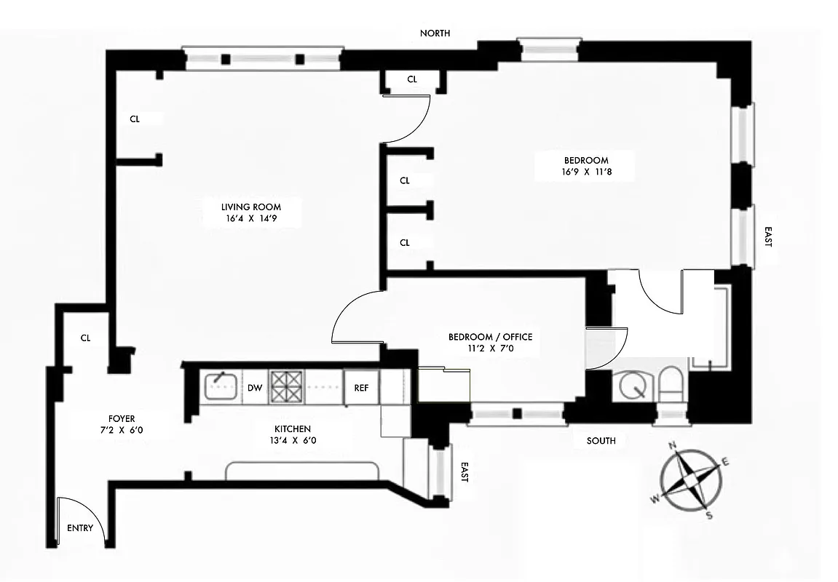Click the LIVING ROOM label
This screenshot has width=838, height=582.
point(251,207)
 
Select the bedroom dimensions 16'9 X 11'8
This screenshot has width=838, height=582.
point(585,173)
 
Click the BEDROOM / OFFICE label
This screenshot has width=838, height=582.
point(490,337)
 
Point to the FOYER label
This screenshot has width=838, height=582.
point(121,418)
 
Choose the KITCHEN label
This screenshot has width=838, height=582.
point(293,428)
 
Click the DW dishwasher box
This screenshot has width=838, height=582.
point(254,388)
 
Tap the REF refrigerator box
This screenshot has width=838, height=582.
point(361,388)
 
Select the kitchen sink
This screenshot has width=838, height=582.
point(218,386)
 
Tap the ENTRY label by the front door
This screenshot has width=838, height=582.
point(80,528)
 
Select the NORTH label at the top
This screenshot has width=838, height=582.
point(435,33)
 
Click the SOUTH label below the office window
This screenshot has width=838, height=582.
point(601,440)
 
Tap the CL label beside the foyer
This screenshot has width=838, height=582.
point(85,338)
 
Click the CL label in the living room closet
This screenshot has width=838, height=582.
point(135,119)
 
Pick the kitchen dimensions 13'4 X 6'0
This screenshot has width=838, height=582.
point(293,440)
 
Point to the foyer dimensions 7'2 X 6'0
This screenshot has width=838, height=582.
point(121,431)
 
